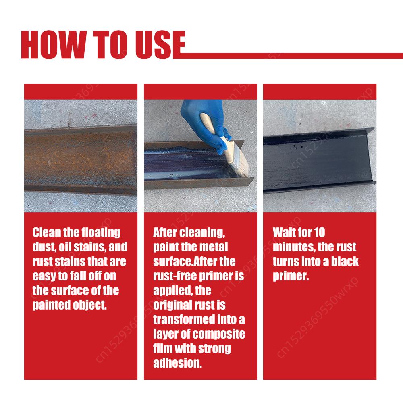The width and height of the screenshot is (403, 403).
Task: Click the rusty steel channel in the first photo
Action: coord(81,159)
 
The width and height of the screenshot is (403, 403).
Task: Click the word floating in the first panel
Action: coord(100,233)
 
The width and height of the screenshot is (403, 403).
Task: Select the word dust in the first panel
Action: coord(42,247)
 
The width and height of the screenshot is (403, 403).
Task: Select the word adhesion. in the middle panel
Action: coord(177,363)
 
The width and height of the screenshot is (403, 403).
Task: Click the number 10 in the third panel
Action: coord(318,233)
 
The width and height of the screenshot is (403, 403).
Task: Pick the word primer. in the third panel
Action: coord(291,276)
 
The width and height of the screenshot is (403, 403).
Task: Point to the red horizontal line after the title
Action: coord(294,53)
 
